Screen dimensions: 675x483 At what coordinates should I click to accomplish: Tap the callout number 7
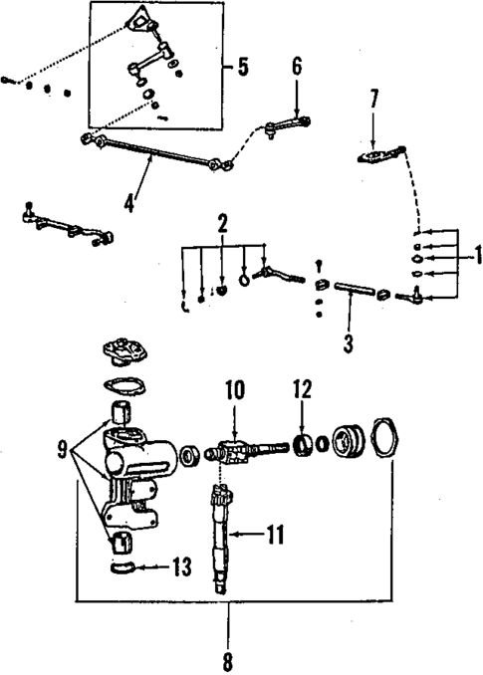tap(374, 100)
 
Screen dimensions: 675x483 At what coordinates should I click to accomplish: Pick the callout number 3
tap(346, 344)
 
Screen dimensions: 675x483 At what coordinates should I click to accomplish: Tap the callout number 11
tap(275, 535)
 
